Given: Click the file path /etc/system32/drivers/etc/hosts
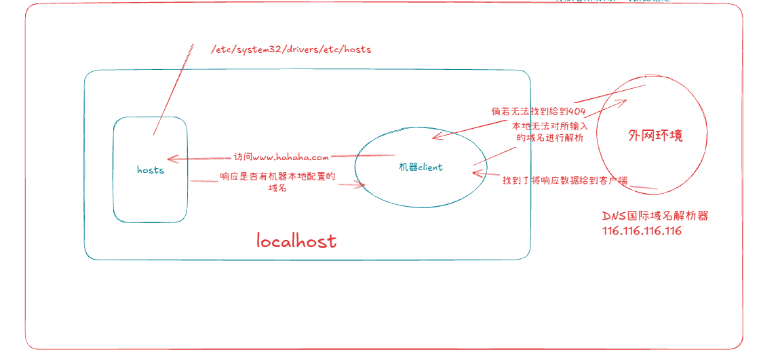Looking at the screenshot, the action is coord(292,49).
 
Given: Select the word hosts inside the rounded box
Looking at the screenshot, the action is coord(150,170).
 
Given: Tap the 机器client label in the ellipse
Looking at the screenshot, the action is coord(421,167).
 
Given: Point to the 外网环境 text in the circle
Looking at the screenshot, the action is coord(655,135).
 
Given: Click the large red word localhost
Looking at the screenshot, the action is coord(296,241).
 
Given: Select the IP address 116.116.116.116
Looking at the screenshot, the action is coord(641,231).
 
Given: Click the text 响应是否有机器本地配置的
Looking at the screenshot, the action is coord(278,177).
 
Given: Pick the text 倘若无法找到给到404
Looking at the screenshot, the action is coord(539,111).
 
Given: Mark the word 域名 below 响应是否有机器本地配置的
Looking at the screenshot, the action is coord(277,188).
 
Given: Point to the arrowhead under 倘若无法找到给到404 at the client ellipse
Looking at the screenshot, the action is coord(435,136).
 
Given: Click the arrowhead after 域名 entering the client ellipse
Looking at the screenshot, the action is coord(363,184).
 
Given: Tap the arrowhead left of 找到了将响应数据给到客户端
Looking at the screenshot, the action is coord(476,174).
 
